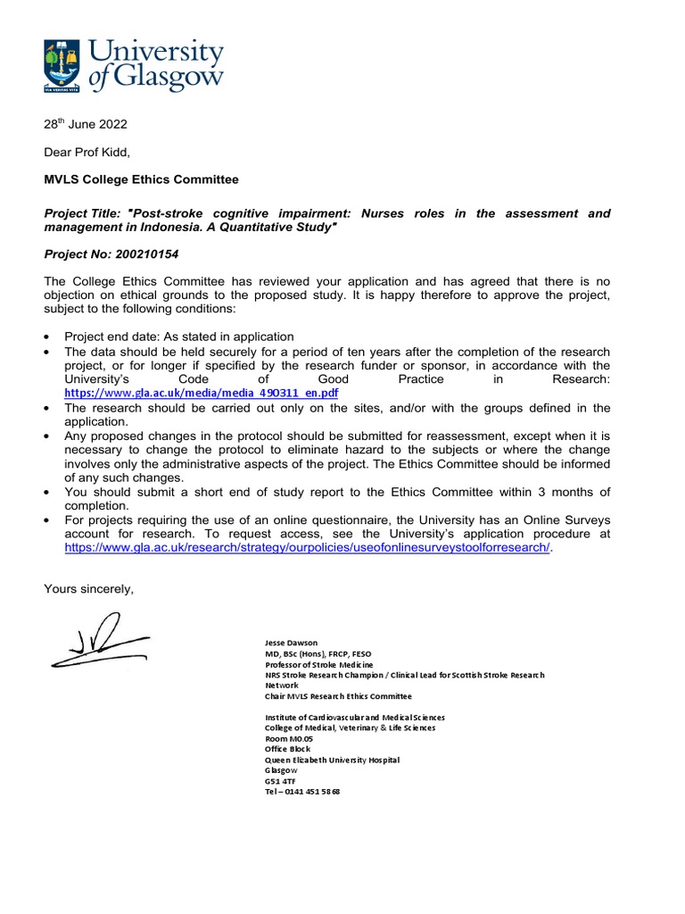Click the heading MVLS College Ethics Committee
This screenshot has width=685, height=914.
point(141,179)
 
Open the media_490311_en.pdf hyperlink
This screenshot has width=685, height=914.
point(201,393)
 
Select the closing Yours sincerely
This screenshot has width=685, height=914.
point(88,587)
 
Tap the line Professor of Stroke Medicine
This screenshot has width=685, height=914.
point(320,665)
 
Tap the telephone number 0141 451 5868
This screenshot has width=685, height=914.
point(302,792)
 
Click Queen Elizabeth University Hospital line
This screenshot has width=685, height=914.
point(333,760)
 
